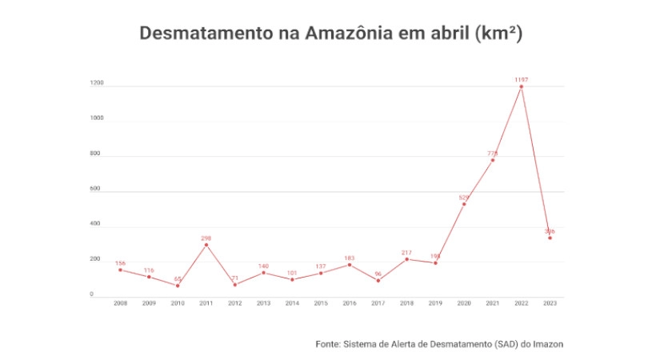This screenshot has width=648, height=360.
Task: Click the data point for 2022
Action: pyautogui.click(x=522, y=86)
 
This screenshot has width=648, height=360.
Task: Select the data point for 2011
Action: pyautogui.click(x=206, y=245)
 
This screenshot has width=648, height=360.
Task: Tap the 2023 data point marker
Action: pyautogui.click(x=550, y=238)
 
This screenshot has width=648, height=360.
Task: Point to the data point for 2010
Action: pyautogui.click(x=178, y=286)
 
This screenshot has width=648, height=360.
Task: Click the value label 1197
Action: pyautogui.click(x=522, y=80)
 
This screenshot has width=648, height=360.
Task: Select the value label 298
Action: pyautogui.click(x=206, y=238)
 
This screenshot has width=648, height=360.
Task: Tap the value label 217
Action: pyautogui.click(x=406, y=253)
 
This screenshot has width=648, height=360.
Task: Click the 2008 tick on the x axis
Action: pyautogui.click(x=120, y=303)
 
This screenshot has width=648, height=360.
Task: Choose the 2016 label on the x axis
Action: pyautogui.click(x=350, y=303)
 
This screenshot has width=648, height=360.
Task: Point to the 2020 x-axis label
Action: pyautogui.click(x=464, y=303)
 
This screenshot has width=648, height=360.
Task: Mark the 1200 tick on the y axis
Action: pyautogui.click(x=97, y=83)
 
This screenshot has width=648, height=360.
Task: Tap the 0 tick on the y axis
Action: pyautogui.click(x=91, y=294)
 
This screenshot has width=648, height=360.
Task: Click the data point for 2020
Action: pyautogui.click(x=464, y=204)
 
